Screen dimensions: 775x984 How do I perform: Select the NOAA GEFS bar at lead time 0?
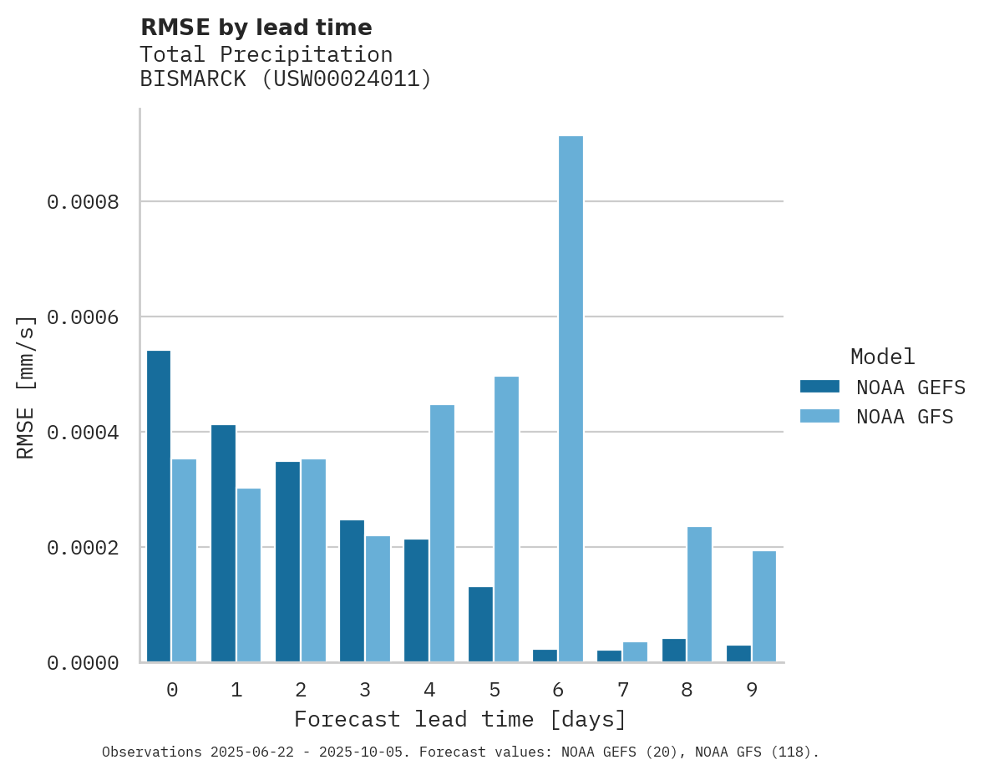pos(159,506)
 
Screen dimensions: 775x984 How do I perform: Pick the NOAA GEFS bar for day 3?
pos(352,591)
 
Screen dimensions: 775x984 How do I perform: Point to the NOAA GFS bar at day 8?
pos(699,595)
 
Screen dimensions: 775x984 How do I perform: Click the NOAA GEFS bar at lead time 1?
pos(223,544)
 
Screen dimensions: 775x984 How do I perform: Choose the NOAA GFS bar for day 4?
pos(442,534)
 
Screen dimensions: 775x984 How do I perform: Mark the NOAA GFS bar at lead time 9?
pos(763,606)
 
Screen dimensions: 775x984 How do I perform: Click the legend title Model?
pos(882,357)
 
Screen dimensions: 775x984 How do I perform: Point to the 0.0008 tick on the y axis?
pos(83,202)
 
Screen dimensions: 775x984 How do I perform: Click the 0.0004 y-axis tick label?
pos(83,433)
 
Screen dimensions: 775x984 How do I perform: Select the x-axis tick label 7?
pos(622,690)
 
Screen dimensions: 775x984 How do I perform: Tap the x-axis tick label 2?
pos(301,690)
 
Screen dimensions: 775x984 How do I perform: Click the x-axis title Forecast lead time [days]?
pos(459,719)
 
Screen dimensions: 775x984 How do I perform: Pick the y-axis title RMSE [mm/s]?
pos(27,387)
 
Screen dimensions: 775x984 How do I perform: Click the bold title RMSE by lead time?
pos(256,28)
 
